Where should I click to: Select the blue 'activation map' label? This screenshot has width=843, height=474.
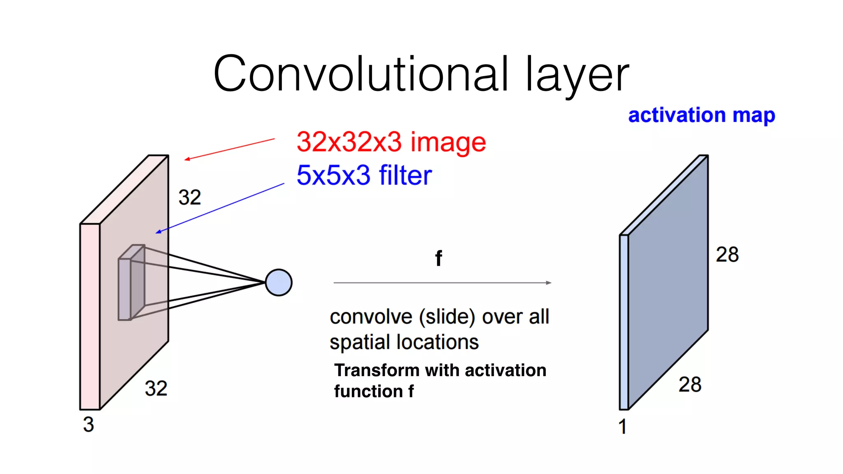[x=701, y=115]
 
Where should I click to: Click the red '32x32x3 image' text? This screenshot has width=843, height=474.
[x=391, y=142]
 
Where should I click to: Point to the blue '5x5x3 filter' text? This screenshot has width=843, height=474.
[x=364, y=175]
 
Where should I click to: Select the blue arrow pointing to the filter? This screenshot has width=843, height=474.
[x=220, y=208]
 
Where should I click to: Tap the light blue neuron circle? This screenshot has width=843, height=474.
[x=279, y=283]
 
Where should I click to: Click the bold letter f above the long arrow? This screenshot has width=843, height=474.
[x=439, y=258]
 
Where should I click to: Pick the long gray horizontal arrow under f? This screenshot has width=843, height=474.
[x=442, y=283]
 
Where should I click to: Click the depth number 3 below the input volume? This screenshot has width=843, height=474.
[x=88, y=424]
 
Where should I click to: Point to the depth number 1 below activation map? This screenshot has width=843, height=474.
[x=622, y=427]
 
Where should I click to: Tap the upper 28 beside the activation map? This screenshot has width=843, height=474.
[x=727, y=254]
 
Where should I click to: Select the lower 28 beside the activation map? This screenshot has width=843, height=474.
[x=690, y=384]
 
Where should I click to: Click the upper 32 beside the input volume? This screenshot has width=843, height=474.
[x=190, y=197]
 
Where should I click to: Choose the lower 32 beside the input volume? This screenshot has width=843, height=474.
[x=156, y=388]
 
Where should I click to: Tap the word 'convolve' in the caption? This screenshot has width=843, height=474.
[x=371, y=317]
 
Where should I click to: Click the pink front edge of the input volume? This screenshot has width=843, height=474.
[x=90, y=317]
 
